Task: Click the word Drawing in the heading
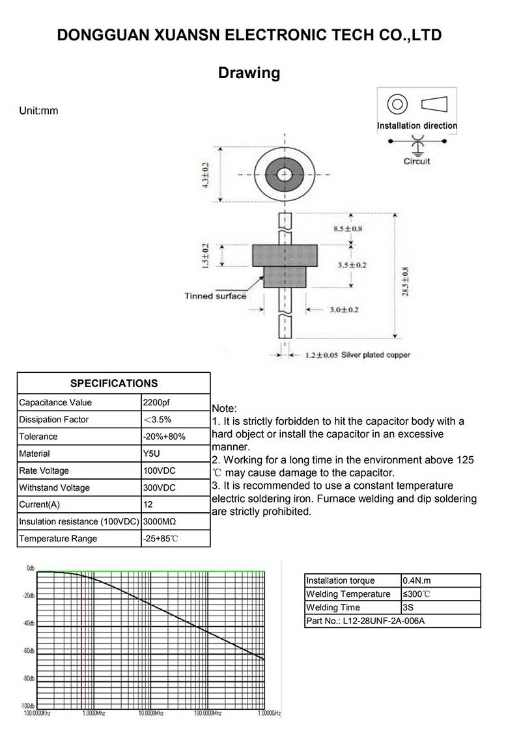click(249, 73)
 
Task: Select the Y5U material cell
click(151, 454)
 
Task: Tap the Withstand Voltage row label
click(55, 488)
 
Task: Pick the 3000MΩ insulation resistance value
click(160, 522)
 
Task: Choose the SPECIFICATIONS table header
click(114, 383)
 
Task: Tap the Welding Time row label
click(333, 608)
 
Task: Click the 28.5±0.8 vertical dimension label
click(406, 281)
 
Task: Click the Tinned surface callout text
click(216, 296)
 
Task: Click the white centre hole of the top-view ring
click(285, 174)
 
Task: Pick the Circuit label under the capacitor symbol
click(417, 161)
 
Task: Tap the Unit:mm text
click(39, 111)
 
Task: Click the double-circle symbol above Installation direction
click(397, 104)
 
